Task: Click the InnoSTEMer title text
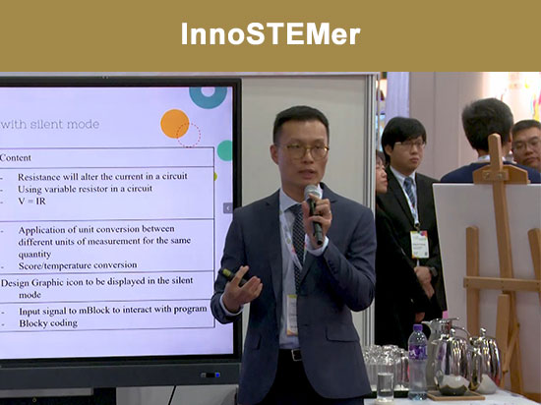pos(270,35)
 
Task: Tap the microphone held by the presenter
pos(314,210)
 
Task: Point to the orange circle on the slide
pos(174,123)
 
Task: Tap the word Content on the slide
pos(16,157)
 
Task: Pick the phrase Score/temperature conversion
pos(80,264)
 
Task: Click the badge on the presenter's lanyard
pos(291,314)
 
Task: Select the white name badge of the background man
pos(420,245)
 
